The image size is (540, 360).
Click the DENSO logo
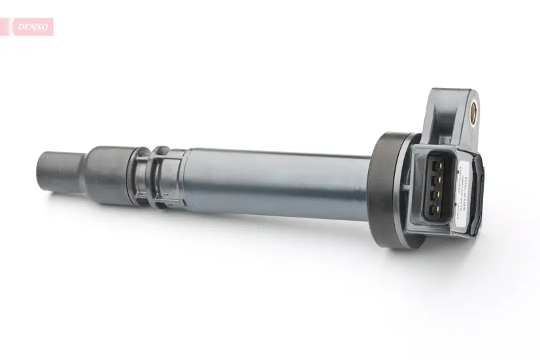31,27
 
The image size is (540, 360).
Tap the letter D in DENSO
20,27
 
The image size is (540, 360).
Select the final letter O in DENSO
45,27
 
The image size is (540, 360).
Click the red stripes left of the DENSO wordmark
7,27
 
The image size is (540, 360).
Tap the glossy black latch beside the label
480,196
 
